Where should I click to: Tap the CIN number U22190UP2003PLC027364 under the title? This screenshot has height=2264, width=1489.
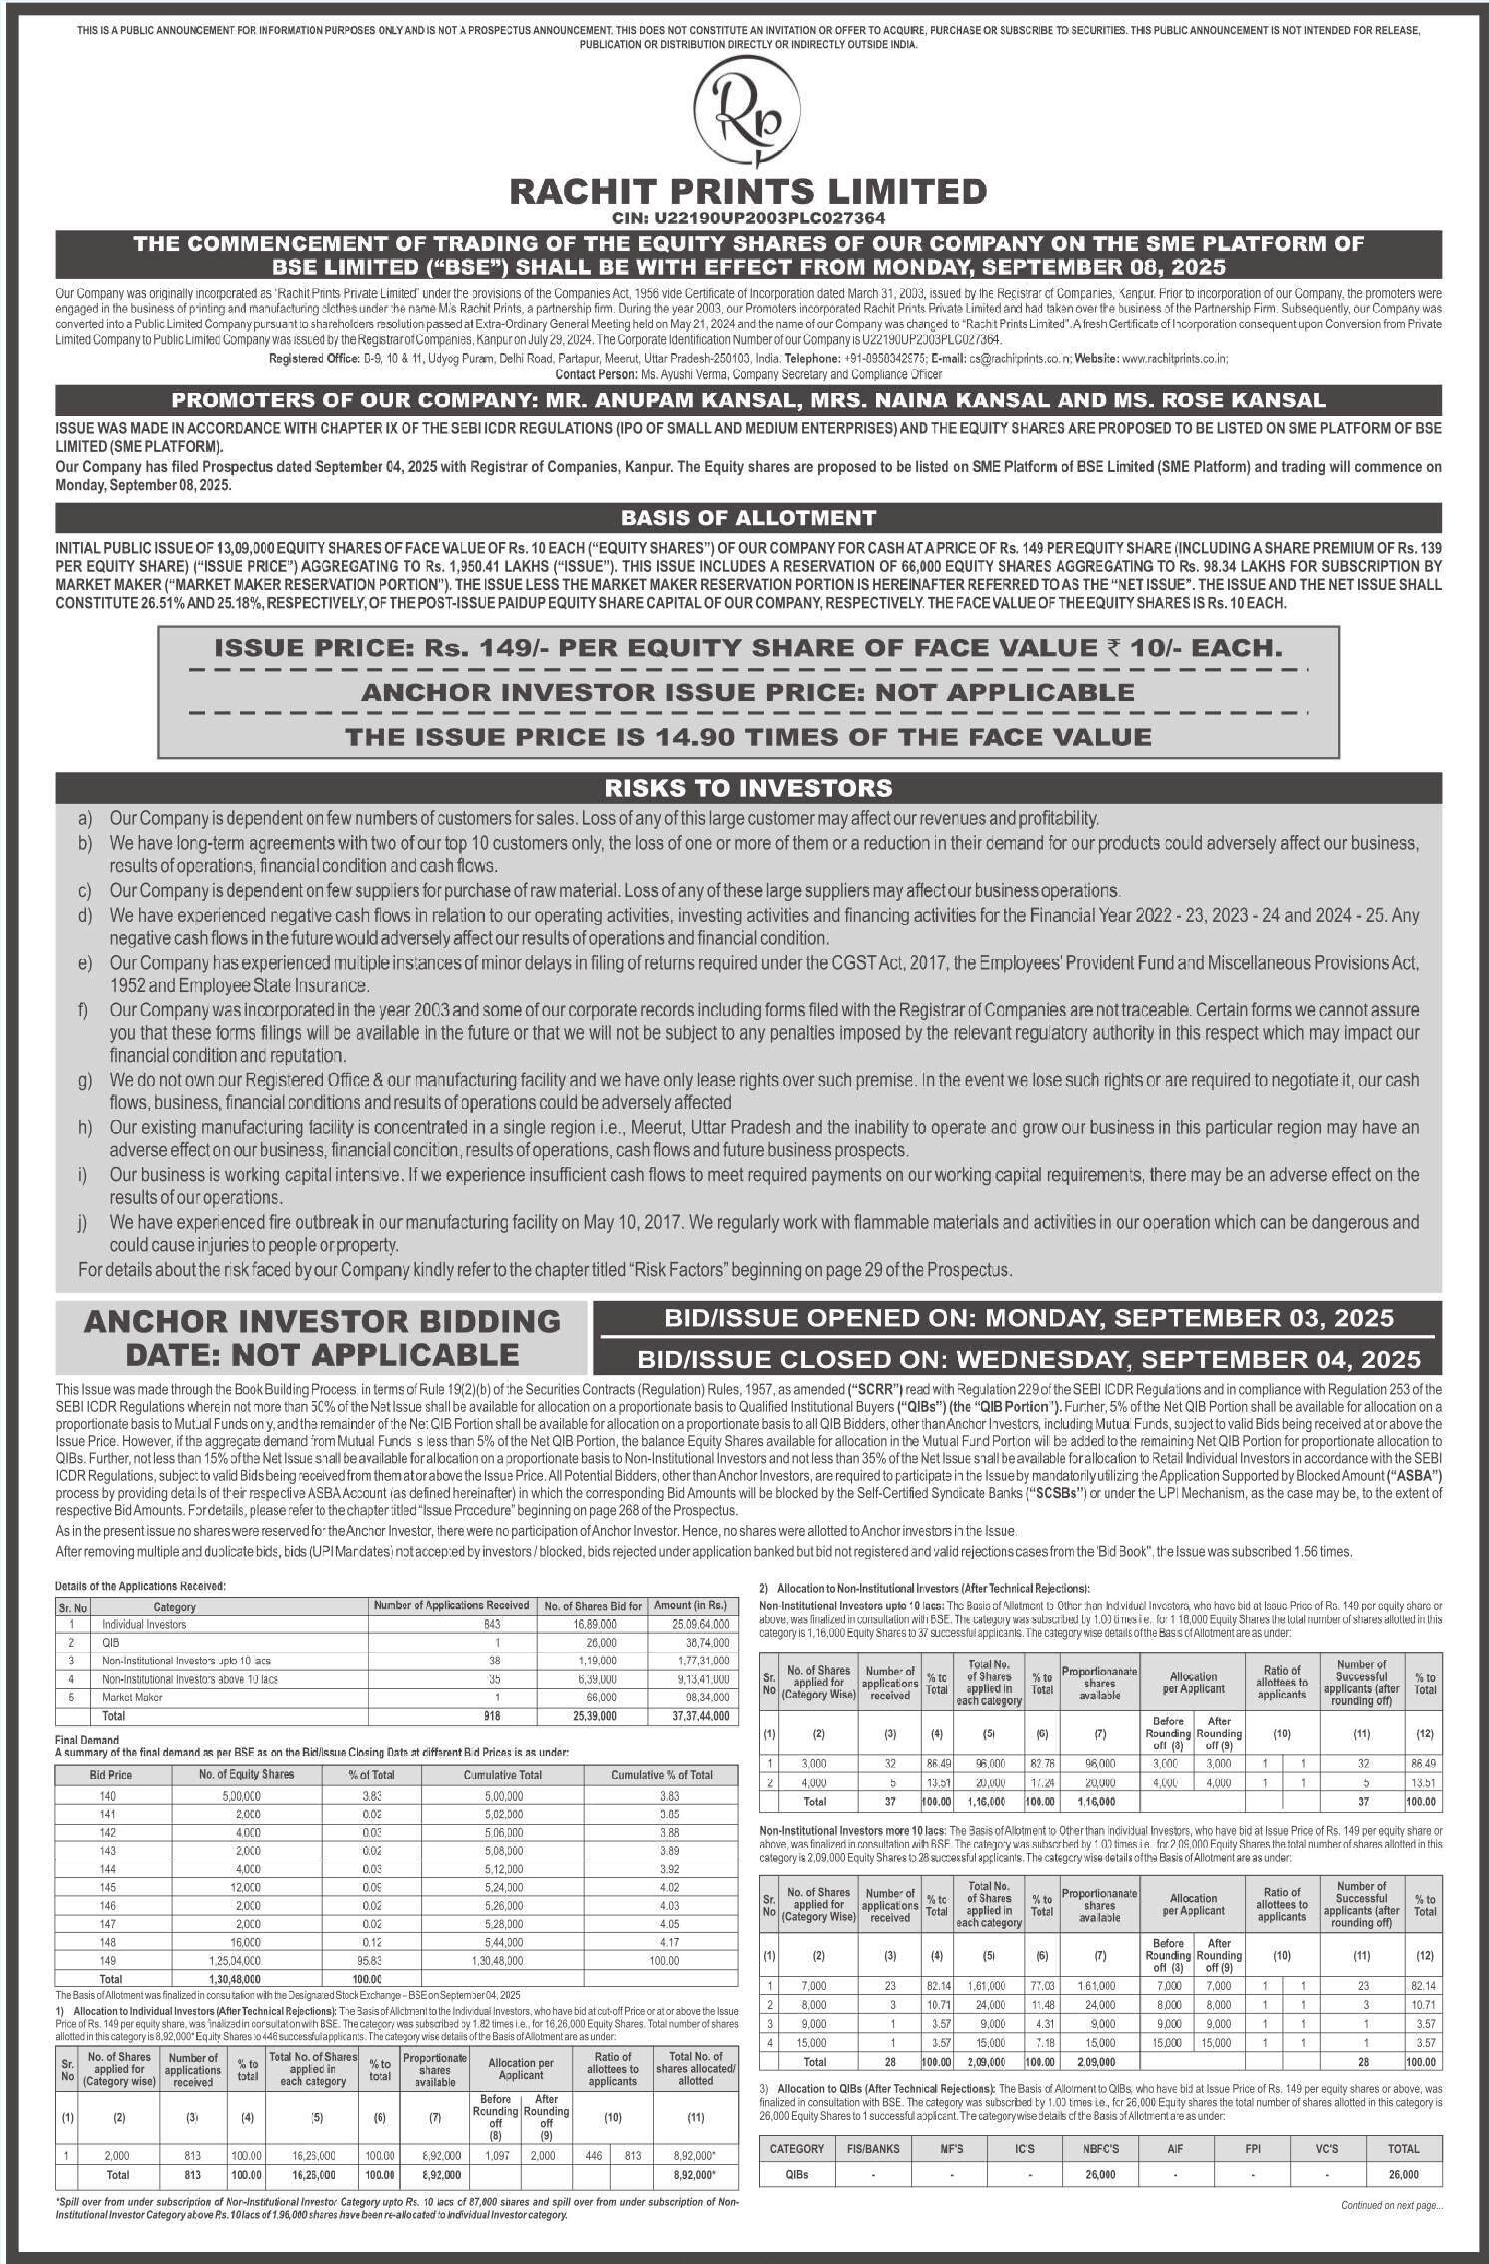tap(748, 218)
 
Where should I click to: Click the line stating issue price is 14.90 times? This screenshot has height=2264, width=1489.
tap(748, 736)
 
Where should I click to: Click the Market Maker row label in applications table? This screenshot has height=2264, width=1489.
tap(132, 1697)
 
